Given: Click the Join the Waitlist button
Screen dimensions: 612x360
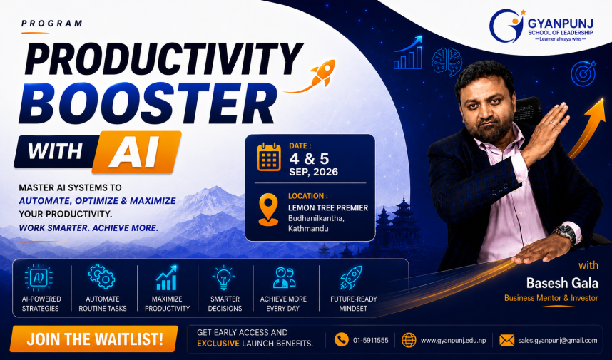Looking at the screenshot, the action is tap(94, 339).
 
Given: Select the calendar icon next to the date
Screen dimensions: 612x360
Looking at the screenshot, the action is tap(269, 157).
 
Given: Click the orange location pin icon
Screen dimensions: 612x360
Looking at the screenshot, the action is tap(268, 210).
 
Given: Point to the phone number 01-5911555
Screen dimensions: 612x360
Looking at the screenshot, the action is tap(370, 341).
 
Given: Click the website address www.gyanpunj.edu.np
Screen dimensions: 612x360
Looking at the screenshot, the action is tap(453, 341).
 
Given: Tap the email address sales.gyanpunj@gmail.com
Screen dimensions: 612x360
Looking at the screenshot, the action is tap(557, 341).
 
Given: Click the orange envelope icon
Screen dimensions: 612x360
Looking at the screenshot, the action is tap(506, 340).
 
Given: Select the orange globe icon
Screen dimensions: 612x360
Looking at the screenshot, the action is tap(409, 340).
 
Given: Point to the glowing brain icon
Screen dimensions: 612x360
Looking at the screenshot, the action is tap(447, 61).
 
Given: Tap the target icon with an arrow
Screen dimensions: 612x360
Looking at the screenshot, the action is tap(583, 73).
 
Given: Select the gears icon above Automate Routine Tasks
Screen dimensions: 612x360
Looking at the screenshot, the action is tap(101, 277).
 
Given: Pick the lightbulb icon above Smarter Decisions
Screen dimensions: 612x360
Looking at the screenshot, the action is tap(224, 277).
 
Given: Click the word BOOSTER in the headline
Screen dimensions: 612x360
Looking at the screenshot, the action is tap(148, 102).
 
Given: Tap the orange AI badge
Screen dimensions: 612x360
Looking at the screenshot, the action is tap(136, 152).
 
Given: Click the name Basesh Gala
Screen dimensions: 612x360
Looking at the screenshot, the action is tap(562, 283).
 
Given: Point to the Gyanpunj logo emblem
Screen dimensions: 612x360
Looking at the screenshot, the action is tap(506, 26).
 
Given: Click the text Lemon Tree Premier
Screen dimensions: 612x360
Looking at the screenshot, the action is tap(328, 208).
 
